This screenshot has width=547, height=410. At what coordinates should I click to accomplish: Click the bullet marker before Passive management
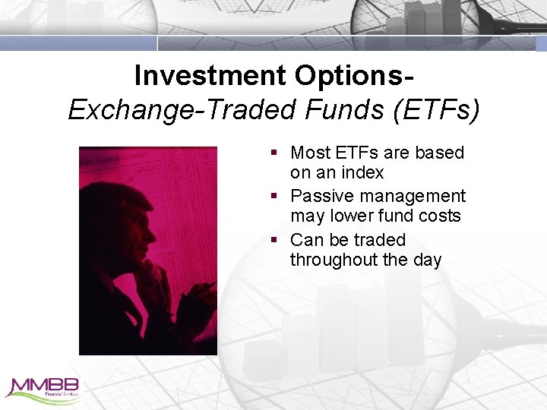point(274,197)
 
